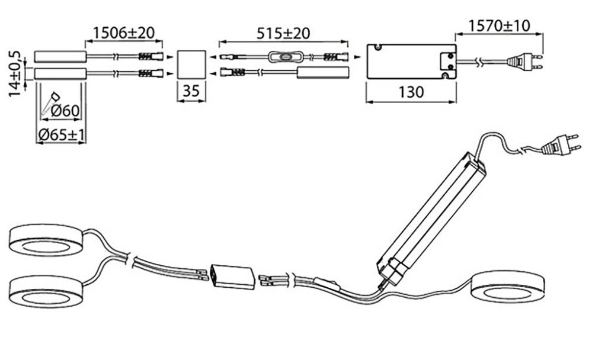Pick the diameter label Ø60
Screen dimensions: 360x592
pos(65,110)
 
